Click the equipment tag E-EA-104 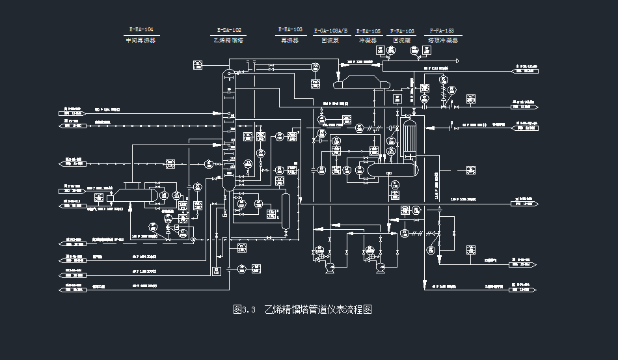coord(141,30)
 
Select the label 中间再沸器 coord(141,40)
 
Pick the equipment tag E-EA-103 coord(290,29)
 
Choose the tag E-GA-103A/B coord(331,31)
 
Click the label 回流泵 coord(331,40)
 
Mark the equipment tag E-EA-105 coord(369,31)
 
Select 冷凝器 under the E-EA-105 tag coord(369,40)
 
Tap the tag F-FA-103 coord(403,31)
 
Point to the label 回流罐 coord(403,40)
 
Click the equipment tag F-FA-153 coord(442,31)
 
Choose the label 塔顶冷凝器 coord(442,40)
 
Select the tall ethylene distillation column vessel coord(228,130)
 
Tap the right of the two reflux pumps coord(377,262)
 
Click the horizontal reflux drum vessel coord(391,169)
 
